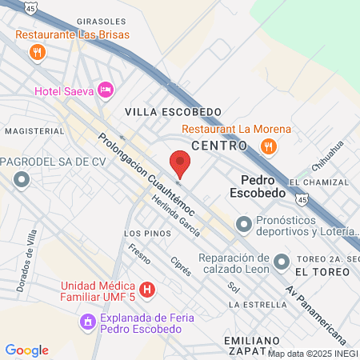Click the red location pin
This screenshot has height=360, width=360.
[x=181, y=163]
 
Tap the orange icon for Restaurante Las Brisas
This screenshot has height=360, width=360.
[x=36, y=52]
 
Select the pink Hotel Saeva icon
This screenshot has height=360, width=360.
[x=104, y=88]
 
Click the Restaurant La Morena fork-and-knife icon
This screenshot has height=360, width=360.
[x=269, y=146]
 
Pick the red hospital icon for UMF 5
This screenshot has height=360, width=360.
[x=146, y=289]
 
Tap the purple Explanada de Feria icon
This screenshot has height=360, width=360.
[x=86, y=322]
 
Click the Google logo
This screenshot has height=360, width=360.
[x=26, y=350]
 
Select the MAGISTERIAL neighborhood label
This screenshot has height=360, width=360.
[x=34, y=130]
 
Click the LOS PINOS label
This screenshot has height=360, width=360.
[x=147, y=233]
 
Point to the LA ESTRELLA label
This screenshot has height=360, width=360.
[x=256, y=305]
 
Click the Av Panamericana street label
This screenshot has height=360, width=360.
[x=315, y=312]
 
